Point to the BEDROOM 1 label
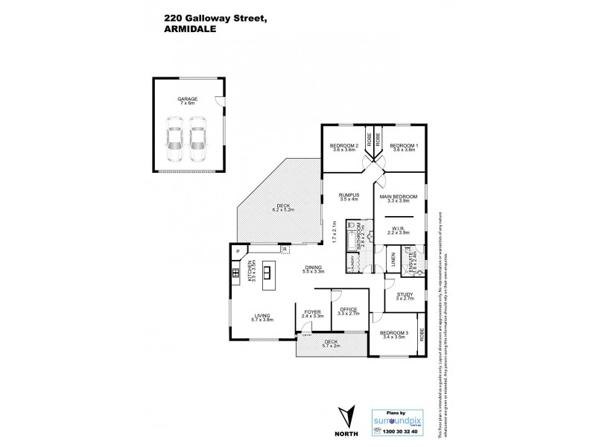click(404, 145)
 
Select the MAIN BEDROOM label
click(398, 197)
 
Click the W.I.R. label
click(398, 229)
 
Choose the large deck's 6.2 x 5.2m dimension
click(283, 210)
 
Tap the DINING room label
click(313, 268)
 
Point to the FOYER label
click(312, 312)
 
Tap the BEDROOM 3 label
click(394, 333)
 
